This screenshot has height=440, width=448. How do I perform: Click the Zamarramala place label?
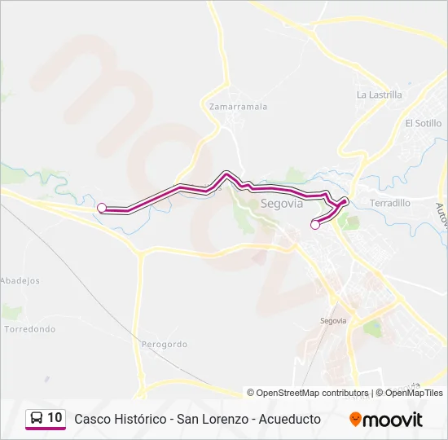(238, 107)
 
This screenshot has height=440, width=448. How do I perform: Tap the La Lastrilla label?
(380, 95)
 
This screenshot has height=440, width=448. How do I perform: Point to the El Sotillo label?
(423, 123)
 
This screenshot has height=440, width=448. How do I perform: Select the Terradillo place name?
(390, 203)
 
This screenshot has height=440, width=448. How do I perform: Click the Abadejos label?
(20, 280)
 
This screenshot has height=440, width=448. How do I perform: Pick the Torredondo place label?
(30, 329)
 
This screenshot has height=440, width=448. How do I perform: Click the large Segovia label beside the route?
(281, 204)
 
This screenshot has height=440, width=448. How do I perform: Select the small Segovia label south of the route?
(333, 321)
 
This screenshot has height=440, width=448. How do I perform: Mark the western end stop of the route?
(102, 208)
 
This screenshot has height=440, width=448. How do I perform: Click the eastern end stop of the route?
(315, 225)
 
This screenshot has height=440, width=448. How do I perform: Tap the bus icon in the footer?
(37, 419)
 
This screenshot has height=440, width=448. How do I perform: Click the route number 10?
(55, 418)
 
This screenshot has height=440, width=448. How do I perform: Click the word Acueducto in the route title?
(289, 419)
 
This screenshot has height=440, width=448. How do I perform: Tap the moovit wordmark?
(393, 420)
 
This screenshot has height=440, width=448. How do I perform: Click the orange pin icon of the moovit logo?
(355, 420)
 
